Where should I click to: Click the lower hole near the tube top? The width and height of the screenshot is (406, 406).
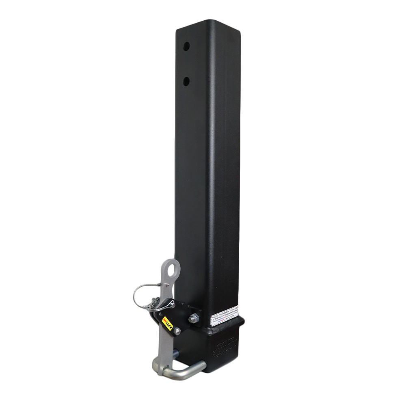186,81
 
